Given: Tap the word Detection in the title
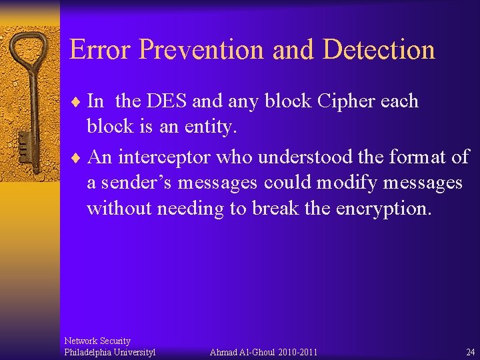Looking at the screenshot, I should (x=379, y=50).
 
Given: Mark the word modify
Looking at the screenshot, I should (x=368, y=183).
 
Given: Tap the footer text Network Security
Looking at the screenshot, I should (x=97, y=341).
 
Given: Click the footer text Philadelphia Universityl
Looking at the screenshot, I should (x=109, y=352).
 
